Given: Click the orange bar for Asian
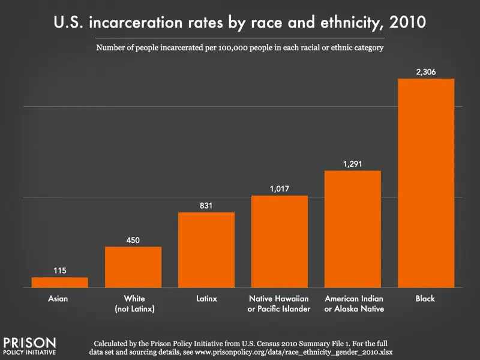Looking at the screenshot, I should pyautogui.click(x=59, y=283).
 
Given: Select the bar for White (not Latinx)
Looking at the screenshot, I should pyautogui.click(x=133, y=267).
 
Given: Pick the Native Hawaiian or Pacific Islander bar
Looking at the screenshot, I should pyautogui.click(x=280, y=242).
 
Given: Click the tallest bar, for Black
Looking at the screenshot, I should pyautogui.click(x=426, y=183).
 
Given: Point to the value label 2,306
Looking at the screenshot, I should pyautogui.click(x=426, y=72).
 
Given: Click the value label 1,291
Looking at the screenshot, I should pyautogui.click(x=353, y=164).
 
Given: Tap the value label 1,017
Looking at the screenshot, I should pyautogui.click(x=280, y=188).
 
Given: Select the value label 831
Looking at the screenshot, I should pyautogui.click(x=206, y=206).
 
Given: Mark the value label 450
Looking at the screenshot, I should pyautogui.click(x=133, y=240).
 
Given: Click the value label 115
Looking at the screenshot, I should pyautogui.click(x=59, y=271).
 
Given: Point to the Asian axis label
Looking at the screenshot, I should pyautogui.click(x=59, y=298).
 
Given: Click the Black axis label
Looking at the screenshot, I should pyautogui.click(x=426, y=298).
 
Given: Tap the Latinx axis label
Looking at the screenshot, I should pyautogui.click(x=206, y=298).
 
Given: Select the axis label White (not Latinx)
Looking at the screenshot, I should pyautogui.click(x=133, y=304).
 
